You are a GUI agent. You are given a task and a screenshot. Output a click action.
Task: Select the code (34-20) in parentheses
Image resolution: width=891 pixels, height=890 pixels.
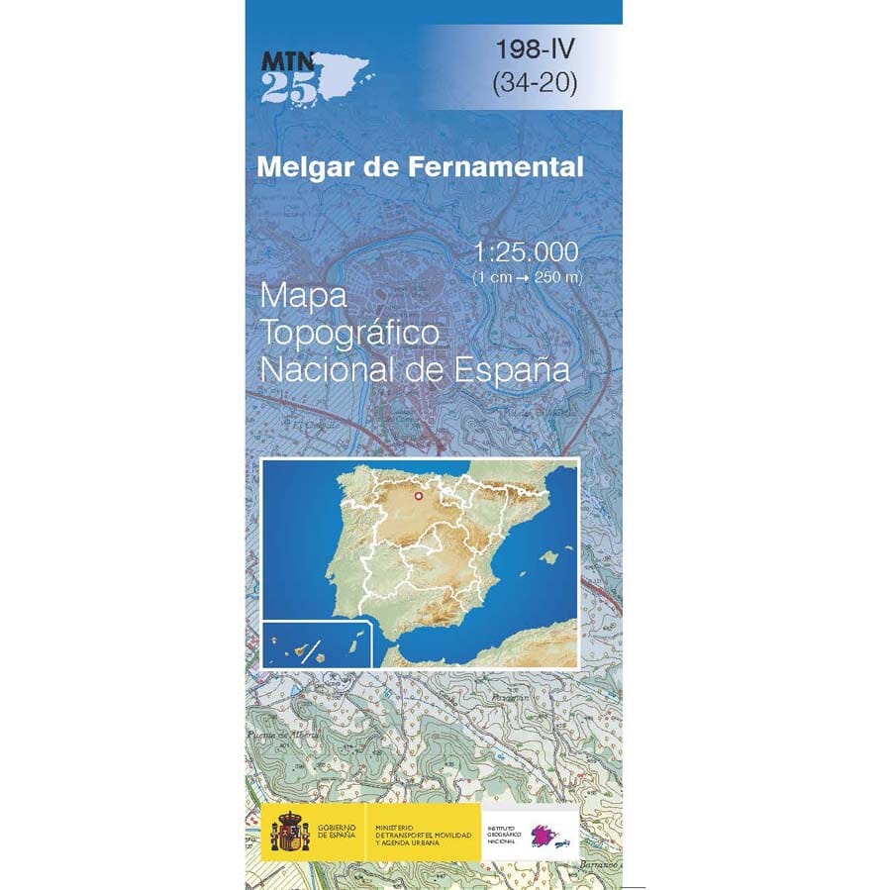click(534, 84)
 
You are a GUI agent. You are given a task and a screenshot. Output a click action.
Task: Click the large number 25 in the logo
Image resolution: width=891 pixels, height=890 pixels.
click(290, 90)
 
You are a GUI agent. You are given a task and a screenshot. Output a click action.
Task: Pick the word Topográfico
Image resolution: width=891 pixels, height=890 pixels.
click(348, 335)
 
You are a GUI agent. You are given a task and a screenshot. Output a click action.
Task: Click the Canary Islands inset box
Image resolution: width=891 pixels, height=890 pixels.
click(317, 644)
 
